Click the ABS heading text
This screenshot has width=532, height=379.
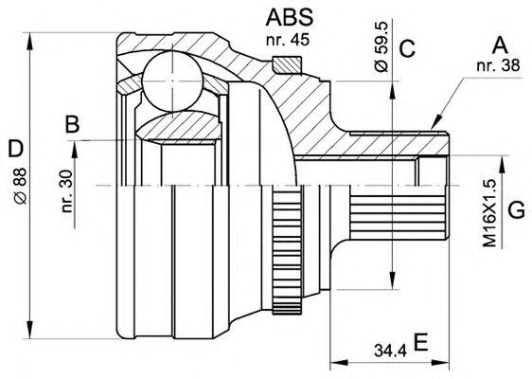pyautogui.click(x=290, y=17)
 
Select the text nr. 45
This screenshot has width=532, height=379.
pyautogui.click(x=288, y=40)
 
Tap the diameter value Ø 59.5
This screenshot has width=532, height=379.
pyautogui.click(x=381, y=46)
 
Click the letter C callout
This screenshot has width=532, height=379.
pyautogui.click(x=407, y=48)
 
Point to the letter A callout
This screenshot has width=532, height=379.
pyautogui.click(x=500, y=45)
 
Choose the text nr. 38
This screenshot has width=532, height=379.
pyautogui.click(x=498, y=65)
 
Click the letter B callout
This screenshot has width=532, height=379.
pyautogui.click(x=72, y=124)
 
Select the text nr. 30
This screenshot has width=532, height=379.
pyautogui.click(x=67, y=190)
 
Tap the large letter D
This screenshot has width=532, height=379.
pyautogui.click(x=15, y=149)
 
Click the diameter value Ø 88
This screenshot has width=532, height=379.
pyautogui.click(x=21, y=186)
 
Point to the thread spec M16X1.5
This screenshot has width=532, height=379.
pyautogui.click(x=489, y=213)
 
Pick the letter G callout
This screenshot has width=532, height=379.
pyautogui.click(x=517, y=209)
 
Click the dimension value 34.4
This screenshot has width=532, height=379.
pyautogui.click(x=390, y=351)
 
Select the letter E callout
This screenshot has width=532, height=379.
pyautogui.click(x=420, y=342)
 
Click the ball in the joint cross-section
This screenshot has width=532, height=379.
pyautogui.click(x=172, y=81)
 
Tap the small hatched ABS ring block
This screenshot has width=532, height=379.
pyautogui.click(x=287, y=65)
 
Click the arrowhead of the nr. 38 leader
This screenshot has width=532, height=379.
pyautogui.click(x=437, y=121)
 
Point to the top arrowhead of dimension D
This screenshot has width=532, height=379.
pyautogui.click(x=30, y=42)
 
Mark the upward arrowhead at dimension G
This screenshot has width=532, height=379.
pyautogui.click(x=502, y=164)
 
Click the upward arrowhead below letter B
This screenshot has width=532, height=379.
pyautogui.click(x=74, y=150)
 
